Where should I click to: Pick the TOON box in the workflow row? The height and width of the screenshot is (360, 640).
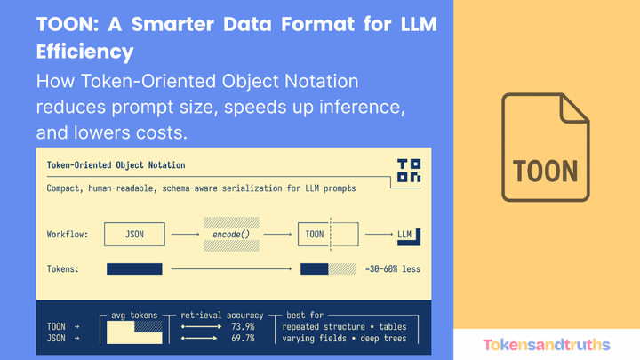click(x=315, y=235)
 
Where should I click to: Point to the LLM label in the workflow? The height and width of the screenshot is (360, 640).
click(x=404, y=235)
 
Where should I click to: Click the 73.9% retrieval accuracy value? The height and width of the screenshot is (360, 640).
click(x=243, y=326)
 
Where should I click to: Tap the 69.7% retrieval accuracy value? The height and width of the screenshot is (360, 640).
click(x=243, y=339)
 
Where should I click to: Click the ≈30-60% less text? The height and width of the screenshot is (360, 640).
click(x=392, y=268)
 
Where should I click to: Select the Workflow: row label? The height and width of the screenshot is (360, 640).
click(x=68, y=235)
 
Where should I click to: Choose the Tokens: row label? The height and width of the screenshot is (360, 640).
click(x=65, y=268)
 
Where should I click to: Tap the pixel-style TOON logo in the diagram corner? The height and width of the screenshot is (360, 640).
click(x=409, y=171)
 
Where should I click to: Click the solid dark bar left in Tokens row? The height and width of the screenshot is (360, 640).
click(x=134, y=268)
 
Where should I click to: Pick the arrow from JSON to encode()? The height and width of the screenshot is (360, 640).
click(x=185, y=235)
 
